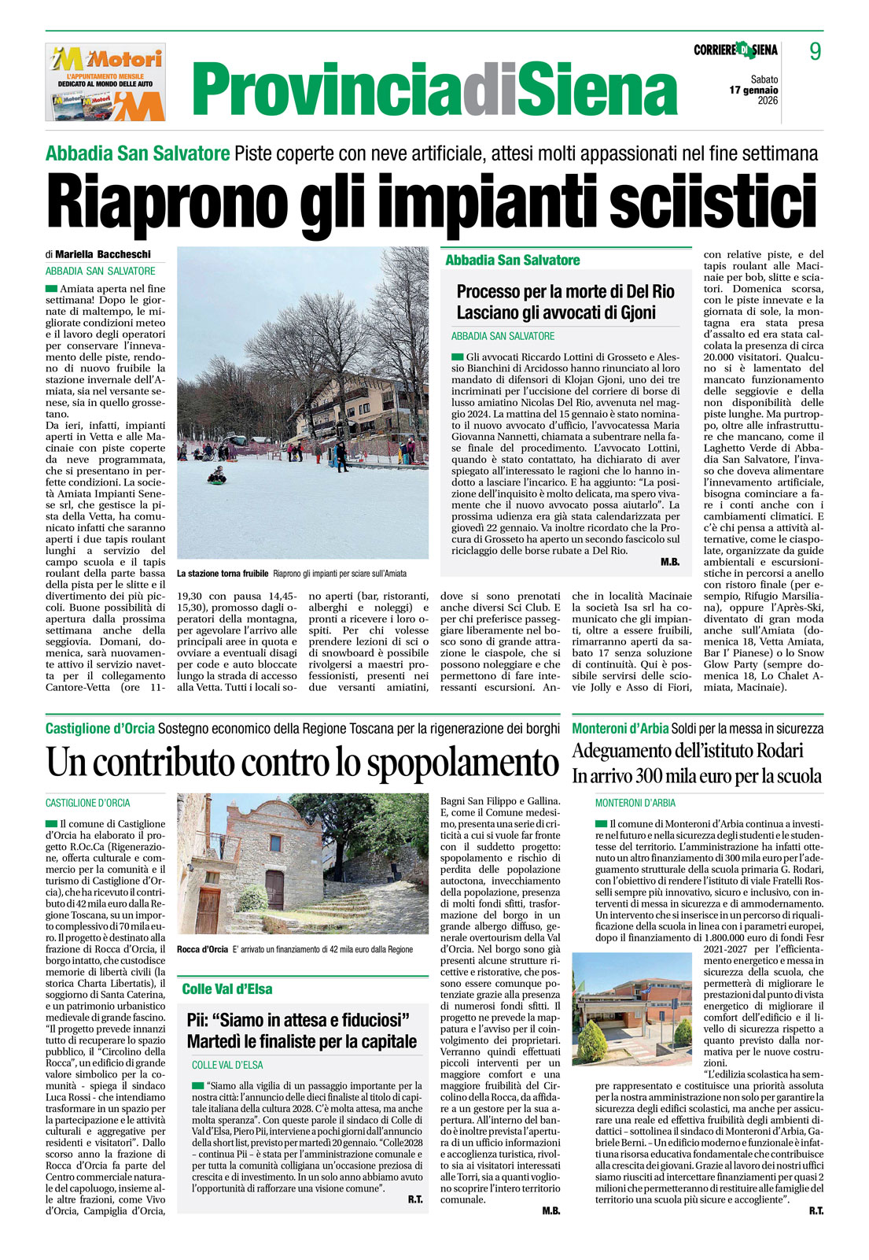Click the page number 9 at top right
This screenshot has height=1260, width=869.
click(816, 51)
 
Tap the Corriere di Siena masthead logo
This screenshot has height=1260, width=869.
click(735, 50)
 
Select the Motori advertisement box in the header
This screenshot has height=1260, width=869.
click(105, 83)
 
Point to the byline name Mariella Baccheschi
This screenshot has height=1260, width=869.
click(102, 254)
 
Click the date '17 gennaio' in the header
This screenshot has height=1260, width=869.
click(753, 90)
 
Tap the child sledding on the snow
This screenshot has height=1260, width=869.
click(217, 475)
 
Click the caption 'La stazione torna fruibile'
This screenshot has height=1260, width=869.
click(223, 574)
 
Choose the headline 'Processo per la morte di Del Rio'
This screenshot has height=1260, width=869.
click(565, 292)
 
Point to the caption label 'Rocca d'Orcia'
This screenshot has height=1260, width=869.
click(202, 949)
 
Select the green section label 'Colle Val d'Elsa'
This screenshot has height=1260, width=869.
click(227, 989)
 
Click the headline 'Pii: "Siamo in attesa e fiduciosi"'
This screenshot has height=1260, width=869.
click(298, 1021)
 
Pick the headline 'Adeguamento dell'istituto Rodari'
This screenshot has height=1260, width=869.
click(687, 750)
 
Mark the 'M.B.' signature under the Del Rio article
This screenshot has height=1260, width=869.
click(670, 562)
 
